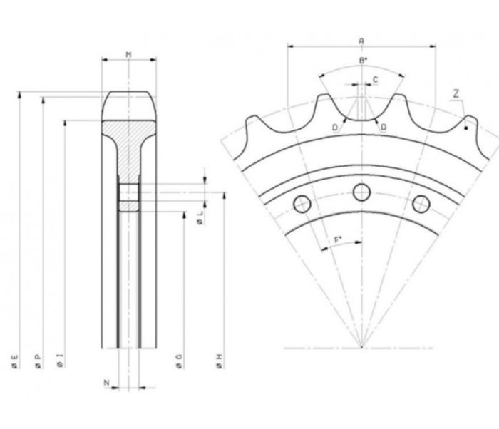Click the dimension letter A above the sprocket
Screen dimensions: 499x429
click(361, 41)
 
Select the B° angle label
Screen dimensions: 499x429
click(363, 61)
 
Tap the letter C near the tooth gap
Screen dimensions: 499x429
click(375, 80)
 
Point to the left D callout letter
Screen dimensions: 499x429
click(335, 128)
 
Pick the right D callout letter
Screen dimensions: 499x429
click(384, 128)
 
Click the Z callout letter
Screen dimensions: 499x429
click(456, 94)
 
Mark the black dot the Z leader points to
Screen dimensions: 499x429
click(466, 128)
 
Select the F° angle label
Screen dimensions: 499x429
click(338, 239)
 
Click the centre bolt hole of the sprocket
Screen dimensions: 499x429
click(362, 192)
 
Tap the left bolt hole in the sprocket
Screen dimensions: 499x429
click(302, 204)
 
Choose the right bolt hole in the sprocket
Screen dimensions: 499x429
click(421, 204)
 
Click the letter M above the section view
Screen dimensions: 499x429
click(128, 55)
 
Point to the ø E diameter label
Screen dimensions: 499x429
click(14, 362)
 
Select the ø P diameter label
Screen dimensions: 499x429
click(38, 362)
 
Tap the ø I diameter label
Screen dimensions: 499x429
click(60, 361)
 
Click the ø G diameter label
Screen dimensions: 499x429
click(179, 362)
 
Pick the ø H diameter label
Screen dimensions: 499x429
click(220, 362)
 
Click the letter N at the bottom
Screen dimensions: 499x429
click(107, 383)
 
